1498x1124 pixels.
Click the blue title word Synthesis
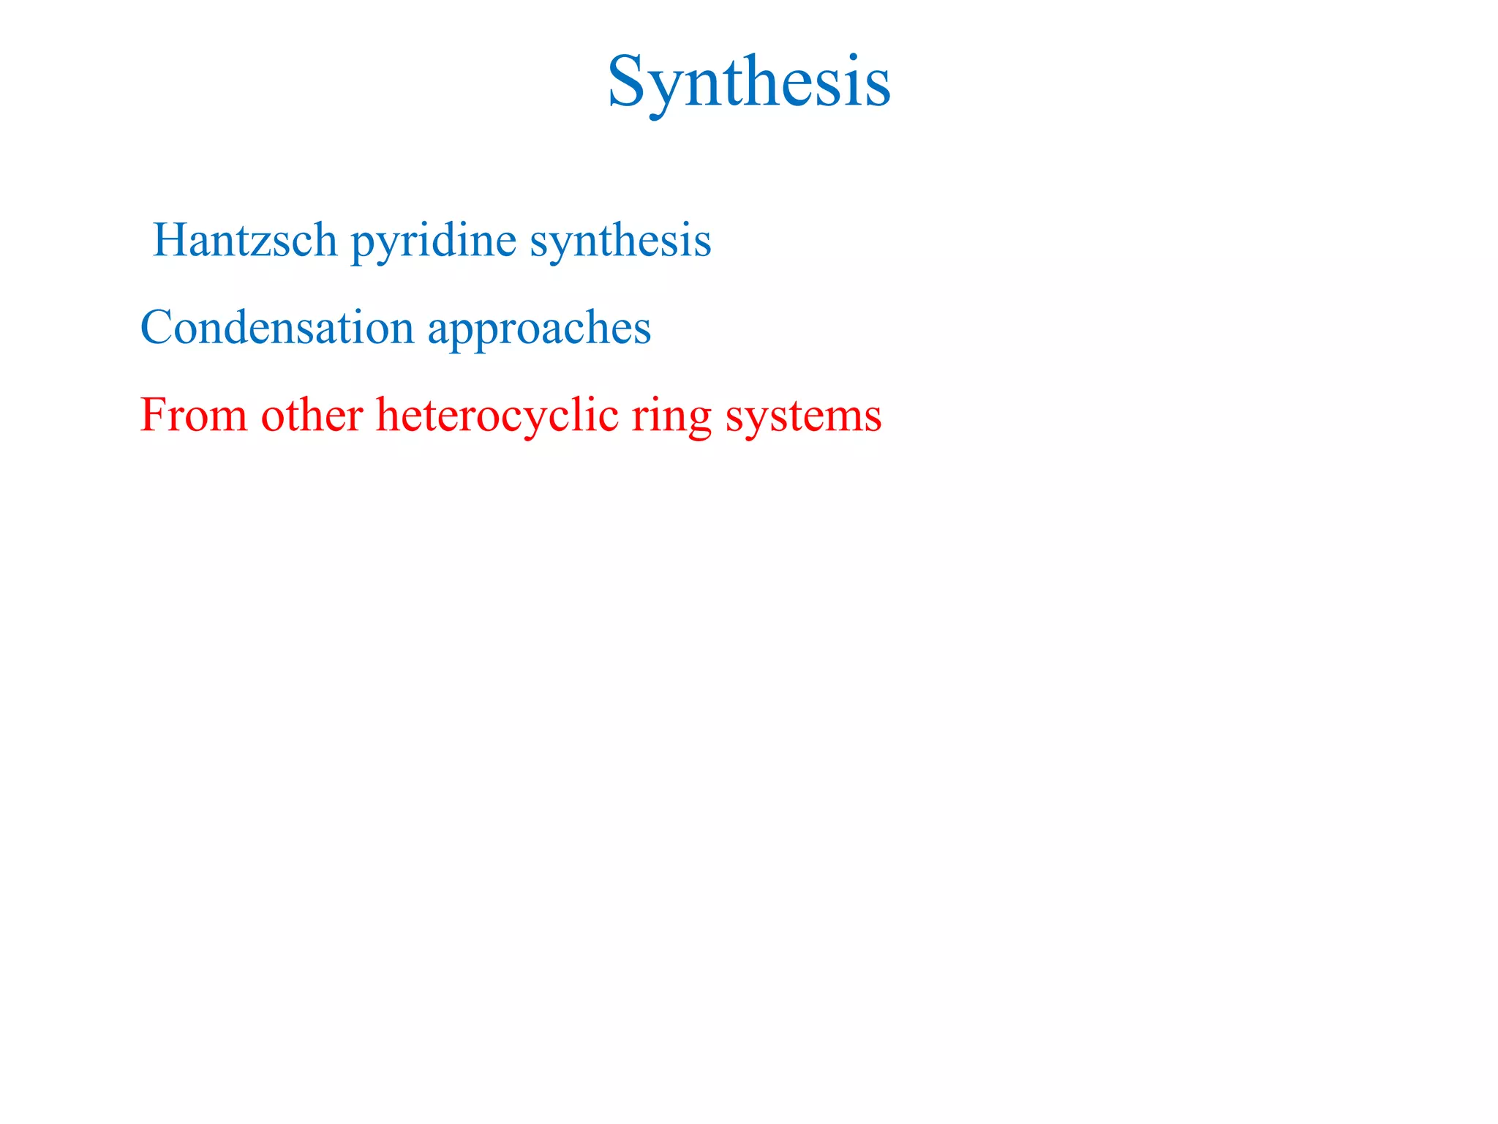point(749,82)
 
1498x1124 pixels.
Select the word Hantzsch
point(245,240)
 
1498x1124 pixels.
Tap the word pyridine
point(434,241)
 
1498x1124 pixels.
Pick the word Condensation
point(277,327)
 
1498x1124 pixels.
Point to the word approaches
point(539,329)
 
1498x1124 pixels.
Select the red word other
point(312,415)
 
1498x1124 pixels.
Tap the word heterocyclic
point(497,416)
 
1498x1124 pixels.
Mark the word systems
point(803,417)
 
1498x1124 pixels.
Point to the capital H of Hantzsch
point(173,239)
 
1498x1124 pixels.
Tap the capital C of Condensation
point(157,327)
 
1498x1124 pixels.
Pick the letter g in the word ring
point(699,421)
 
